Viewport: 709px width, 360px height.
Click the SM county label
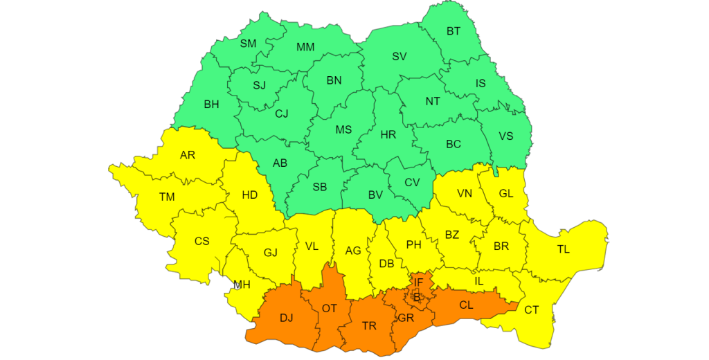pyautogui.click(x=248, y=44)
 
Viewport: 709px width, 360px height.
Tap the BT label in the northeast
pyautogui.click(x=454, y=31)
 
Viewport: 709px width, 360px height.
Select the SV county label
pyautogui.click(x=400, y=57)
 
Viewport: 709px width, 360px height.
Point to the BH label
pyautogui.click(x=211, y=105)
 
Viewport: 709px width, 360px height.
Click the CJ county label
pyautogui.click(x=282, y=114)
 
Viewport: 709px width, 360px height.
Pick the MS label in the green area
pyautogui.click(x=343, y=130)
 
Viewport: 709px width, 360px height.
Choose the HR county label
pyautogui.click(x=388, y=135)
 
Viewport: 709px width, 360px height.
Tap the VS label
pyautogui.click(x=506, y=136)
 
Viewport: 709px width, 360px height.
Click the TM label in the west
pyautogui.click(x=167, y=197)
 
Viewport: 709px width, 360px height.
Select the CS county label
pyautogui.click(x=201, y=242)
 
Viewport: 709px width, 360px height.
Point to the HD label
pyautogui.click(x=250, y=196)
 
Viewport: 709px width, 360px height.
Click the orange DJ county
pyautogui.click(x=286, y=318)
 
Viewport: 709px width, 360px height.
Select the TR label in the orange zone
pyautogui.click(x=369, y=325)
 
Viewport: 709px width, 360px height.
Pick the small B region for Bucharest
pyautogui.click(x=417, y=297)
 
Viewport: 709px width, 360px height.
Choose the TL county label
pyautogui.click(x=564, y=249)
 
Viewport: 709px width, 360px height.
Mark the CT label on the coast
pyautogui.click(x=531, y=310)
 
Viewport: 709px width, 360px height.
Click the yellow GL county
pyautogui.click(x=506, y=194)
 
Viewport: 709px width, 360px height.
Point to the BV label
pyautogui.click(x=375, y=195)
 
